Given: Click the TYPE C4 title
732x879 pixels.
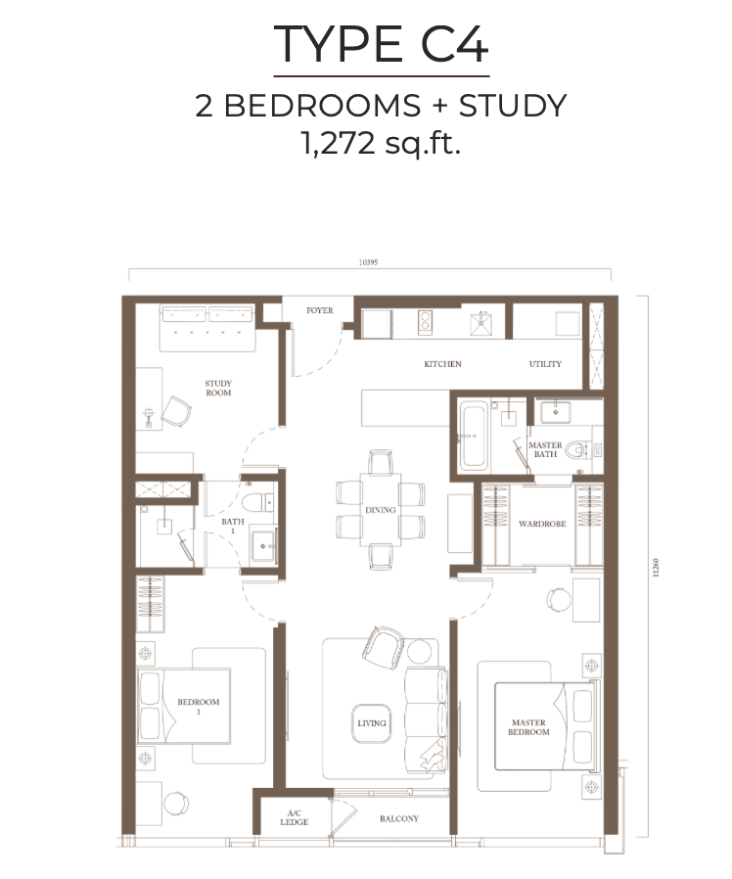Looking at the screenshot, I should pos(381,44).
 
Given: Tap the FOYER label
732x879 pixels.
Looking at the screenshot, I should pos(319,310).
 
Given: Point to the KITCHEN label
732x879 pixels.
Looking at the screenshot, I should pos(442,364).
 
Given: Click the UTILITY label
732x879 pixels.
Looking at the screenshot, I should pos(545,364).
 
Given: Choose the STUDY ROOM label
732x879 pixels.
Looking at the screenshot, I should pos(217,388).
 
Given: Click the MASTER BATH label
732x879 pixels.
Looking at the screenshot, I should pos(545,450).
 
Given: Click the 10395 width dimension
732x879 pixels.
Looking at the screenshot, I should pos(368,263).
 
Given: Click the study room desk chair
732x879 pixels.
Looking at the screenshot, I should pos(176,411).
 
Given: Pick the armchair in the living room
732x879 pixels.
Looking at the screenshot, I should pos(381,645).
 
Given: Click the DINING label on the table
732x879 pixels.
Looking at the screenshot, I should pos(381,510).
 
